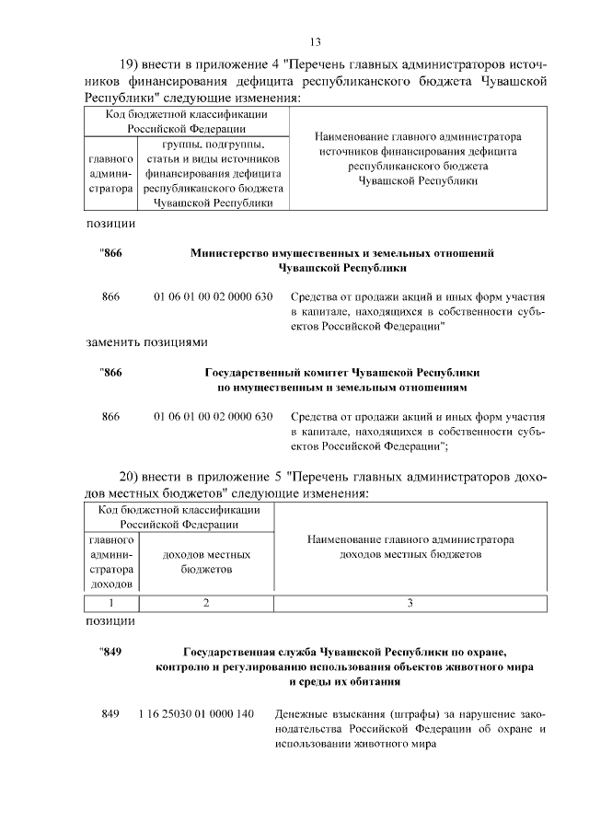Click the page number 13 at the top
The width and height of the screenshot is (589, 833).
pos(314,41)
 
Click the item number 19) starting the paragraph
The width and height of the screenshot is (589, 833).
pos(138,65)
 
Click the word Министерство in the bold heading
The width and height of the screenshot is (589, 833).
pos(234,252)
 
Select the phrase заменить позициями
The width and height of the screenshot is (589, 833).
pos(146,341)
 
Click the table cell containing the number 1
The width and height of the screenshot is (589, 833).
pos(110,603)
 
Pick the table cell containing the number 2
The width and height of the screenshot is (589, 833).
pos(206,603)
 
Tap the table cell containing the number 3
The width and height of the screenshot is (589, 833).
pos(410,603)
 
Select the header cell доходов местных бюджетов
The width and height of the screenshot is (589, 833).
pos(206,562)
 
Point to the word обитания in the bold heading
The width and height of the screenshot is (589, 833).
pos(378,682)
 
